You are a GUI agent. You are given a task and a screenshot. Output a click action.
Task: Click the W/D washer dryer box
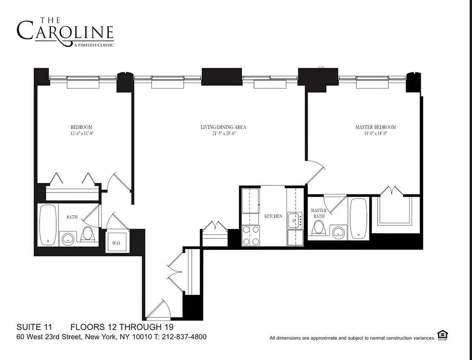coord(116,243)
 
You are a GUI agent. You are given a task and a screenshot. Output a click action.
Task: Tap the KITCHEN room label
coord(273,216)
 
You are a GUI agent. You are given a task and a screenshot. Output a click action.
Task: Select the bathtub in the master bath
coord(358,219)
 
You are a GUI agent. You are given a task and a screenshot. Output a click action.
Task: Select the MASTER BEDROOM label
coord(375,127)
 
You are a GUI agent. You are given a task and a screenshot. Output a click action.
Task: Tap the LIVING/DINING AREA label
coord(223,127)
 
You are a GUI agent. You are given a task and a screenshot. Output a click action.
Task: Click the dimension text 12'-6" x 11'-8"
coord(81,134)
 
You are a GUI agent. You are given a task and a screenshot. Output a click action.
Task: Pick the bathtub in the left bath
coord(47,225)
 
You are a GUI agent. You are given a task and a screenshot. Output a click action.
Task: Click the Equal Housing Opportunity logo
coord(443,335)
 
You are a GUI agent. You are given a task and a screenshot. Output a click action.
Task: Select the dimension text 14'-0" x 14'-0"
coord(375,134)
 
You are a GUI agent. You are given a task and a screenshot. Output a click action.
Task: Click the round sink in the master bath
coord(338,231)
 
